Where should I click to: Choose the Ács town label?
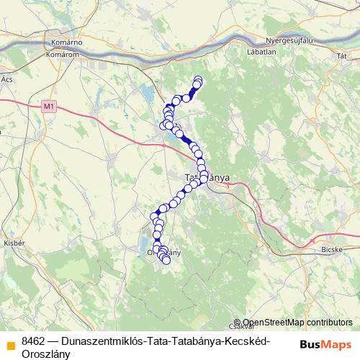pyautogui.click(x=8, y=78)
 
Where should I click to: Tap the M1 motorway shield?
pyautogui.click(x=48, y=107)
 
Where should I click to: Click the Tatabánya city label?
pyautogui.click(x=207, y=176)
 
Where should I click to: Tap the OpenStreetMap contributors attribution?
pyautogui.click(x=297, y=323)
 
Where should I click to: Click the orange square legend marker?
pyautogui.click(x=10, y=342)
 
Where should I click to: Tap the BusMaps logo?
pyautogui.click(x=325, y=344)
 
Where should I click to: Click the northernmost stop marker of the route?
pyautogui.click(x=198, y=79)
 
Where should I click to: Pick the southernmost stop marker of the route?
pyautogui.click(x=166, y=261)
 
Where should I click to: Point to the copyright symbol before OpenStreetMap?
pyautogui.click(x=238, y=323)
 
